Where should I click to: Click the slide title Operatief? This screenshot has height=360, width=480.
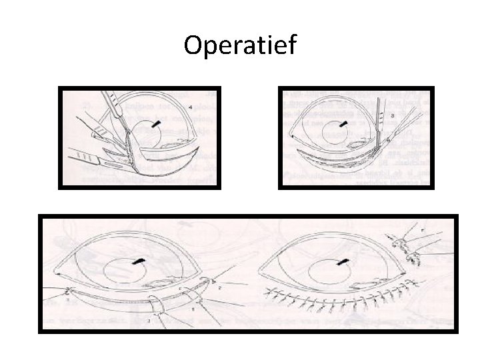[x=241, y=45]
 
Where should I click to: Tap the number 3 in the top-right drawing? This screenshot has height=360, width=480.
[x=392, y=115]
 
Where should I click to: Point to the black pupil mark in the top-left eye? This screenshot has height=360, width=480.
[x=157, y=124]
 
